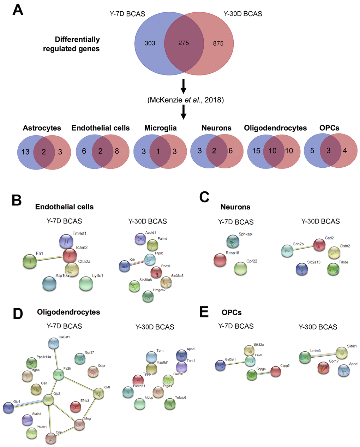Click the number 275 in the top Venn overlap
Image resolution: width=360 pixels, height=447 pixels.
point(184,43)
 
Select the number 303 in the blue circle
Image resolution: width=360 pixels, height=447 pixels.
point(150,43)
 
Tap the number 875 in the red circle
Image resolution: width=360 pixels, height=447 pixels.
point(218,43)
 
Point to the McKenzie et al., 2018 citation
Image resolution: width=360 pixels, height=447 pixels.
point(185,100)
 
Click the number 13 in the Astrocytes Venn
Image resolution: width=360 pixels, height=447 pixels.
point(25,151)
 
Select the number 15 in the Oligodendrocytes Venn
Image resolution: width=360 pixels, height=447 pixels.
point(256,151)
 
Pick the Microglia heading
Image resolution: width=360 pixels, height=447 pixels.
point(160,128)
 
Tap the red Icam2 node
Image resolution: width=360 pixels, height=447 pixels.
point(70,255)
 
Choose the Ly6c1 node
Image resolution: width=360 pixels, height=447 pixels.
point(86,284)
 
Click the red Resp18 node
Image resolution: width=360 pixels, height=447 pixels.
point(220,260)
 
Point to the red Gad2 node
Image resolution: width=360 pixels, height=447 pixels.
point(319,245)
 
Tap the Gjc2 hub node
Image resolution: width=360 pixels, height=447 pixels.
point(48,400)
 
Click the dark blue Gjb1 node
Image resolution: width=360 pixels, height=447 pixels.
point(8,407)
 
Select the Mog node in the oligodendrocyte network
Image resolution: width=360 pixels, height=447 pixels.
point(79,425)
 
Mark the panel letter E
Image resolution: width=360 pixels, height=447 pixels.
point(204,312)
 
